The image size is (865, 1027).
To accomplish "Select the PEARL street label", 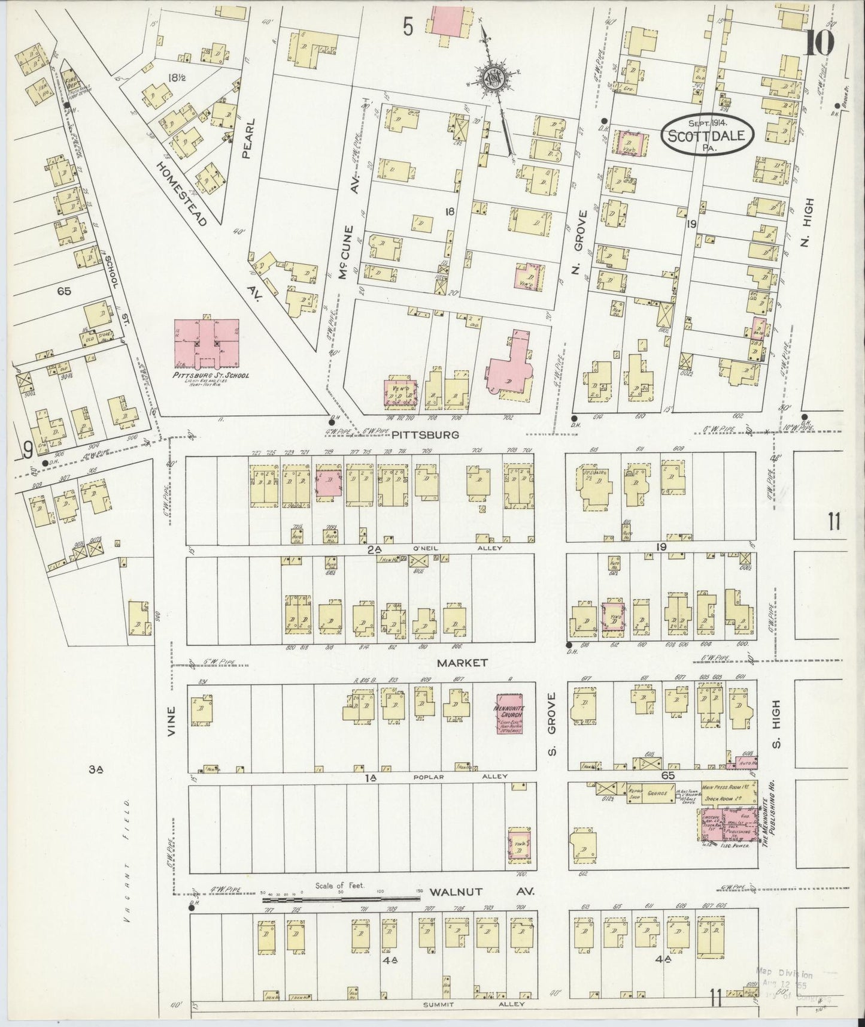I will [250, 138].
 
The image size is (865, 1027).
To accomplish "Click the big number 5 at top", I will [408, 28].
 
